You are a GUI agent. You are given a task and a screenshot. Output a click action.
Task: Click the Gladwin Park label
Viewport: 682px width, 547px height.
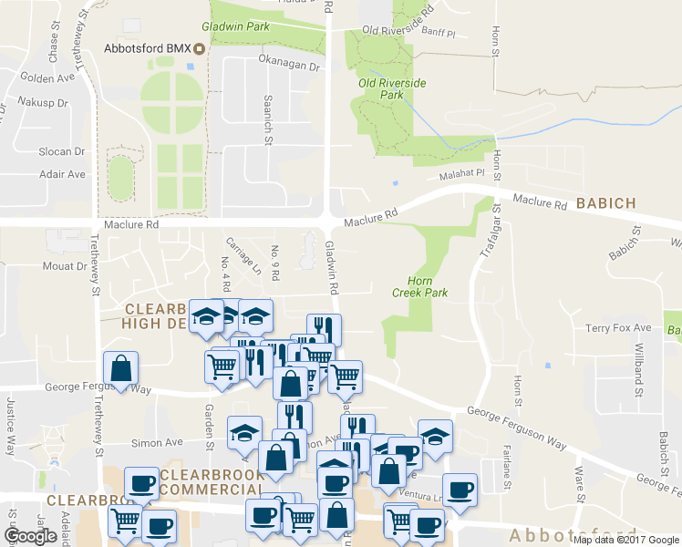[235, 26]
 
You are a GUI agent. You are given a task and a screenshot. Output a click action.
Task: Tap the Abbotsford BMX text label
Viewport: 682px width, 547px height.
[149, 47]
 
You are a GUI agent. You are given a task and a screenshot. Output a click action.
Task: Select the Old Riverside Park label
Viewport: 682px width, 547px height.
[391, 88]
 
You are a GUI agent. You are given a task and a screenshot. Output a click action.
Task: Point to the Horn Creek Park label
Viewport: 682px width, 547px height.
[419, 287]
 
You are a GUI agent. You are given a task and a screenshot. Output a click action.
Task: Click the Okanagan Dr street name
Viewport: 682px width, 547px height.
[289, 67]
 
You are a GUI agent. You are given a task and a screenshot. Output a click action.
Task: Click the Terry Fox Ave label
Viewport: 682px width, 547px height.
[618, 327]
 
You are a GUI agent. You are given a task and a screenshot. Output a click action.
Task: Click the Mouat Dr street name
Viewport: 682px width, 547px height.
[62, 267]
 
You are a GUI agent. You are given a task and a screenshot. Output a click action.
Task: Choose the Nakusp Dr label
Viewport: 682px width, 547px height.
[44, 103]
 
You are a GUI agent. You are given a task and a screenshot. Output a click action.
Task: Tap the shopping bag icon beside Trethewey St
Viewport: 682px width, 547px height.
[120, 369]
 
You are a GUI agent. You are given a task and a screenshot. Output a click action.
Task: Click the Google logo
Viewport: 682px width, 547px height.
[30, 535]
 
